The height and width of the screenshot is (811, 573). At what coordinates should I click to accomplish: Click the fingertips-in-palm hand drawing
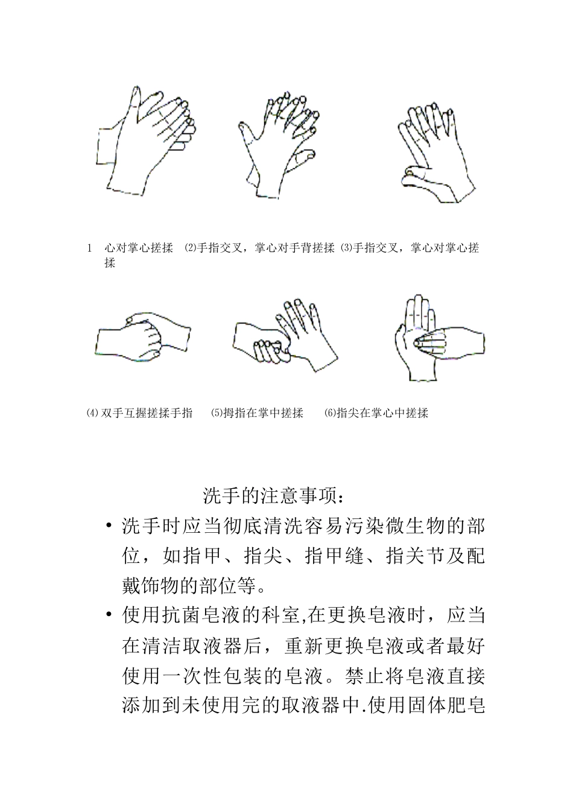437,339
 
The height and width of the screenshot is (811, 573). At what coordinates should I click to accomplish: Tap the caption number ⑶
346,248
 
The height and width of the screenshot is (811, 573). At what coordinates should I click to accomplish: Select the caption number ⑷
92,413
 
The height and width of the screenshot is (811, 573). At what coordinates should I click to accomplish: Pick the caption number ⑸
216,413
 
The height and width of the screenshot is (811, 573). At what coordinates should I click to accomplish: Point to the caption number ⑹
329,413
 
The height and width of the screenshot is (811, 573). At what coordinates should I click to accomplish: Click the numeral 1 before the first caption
89,248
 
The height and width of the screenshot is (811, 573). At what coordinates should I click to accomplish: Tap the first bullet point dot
109,526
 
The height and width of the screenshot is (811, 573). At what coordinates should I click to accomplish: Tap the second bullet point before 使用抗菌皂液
109,615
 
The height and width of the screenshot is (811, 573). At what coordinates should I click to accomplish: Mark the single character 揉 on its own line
110,263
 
